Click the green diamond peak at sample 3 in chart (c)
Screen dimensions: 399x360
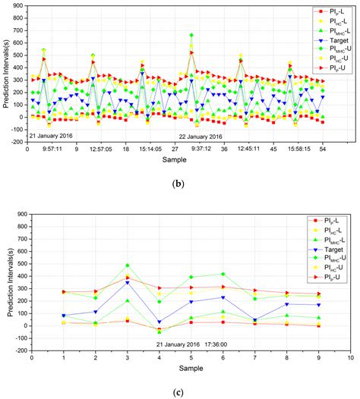click(128, 265)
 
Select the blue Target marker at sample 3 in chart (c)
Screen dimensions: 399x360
click(128, 282)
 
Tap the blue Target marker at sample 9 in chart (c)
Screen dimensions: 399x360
click(318, 305)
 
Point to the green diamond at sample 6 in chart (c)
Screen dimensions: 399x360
click(223, 274)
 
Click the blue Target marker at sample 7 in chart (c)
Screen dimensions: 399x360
click(254, 320)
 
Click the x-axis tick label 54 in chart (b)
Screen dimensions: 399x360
click(323, 149)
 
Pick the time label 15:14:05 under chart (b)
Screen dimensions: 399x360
click(150, 149)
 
